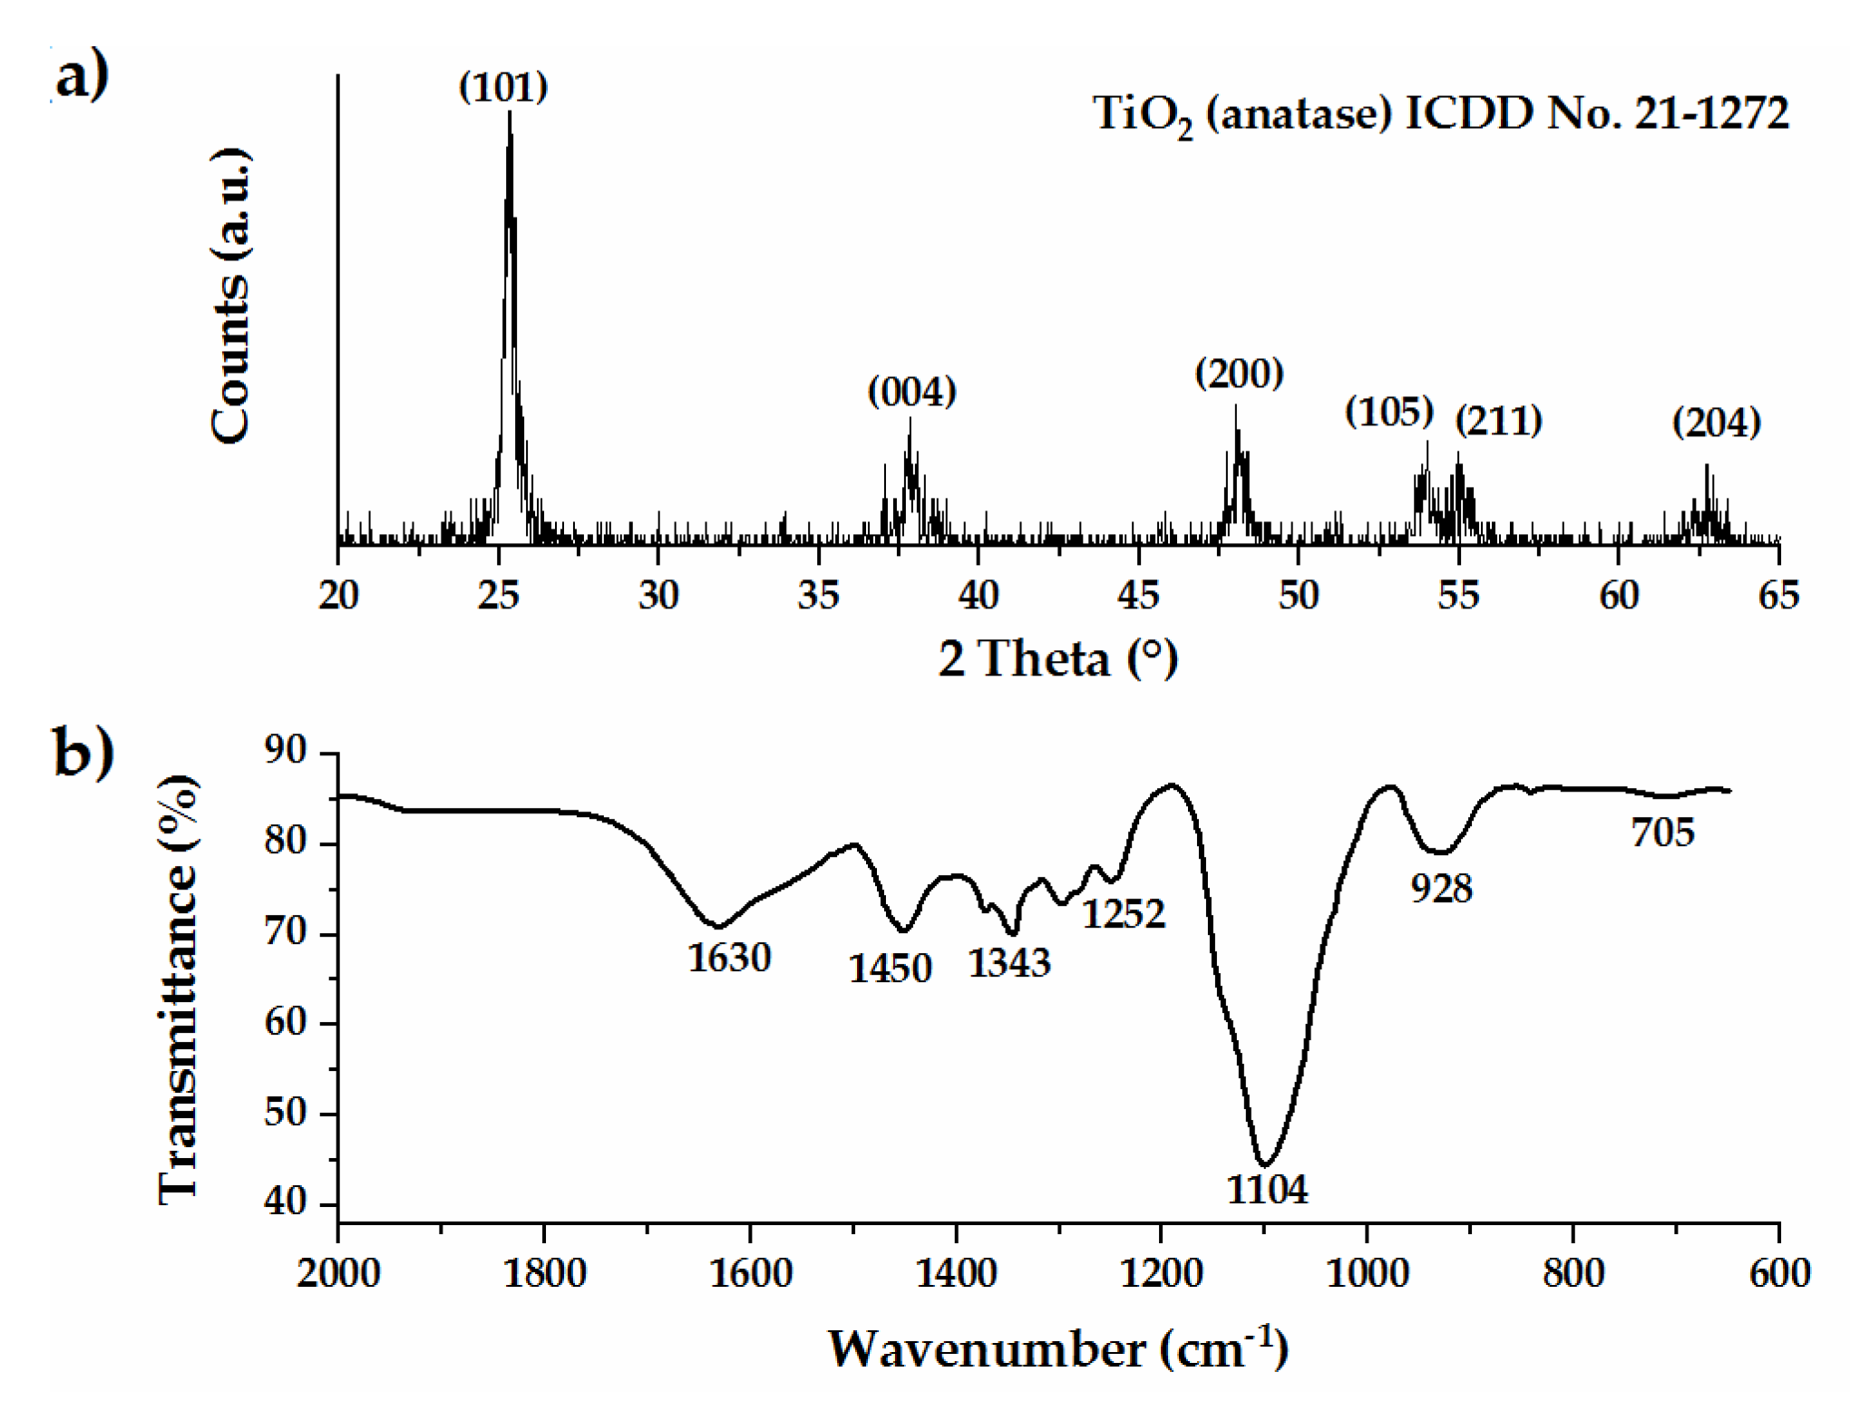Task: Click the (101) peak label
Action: tap(503, 87)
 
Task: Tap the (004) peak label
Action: tap(911, 392)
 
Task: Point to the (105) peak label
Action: tap(1388, 412)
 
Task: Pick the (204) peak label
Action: tap(1716, 423)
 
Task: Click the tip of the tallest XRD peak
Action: tap(510, 112)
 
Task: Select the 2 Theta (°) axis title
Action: tap(1057, 658)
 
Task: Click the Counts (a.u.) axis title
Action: tap(230, 296)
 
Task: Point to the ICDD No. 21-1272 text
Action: tap(1596, 113)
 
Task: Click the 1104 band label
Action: tap(1267, 1189)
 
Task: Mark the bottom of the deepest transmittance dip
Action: tap(1265, 1164)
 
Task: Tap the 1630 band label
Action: tap(728, 958)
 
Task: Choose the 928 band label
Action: tap(1441, 888)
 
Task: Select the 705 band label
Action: tap(1661, 832)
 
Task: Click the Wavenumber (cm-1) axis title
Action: tap(1057, 1349)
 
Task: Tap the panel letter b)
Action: tap(83, 752)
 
